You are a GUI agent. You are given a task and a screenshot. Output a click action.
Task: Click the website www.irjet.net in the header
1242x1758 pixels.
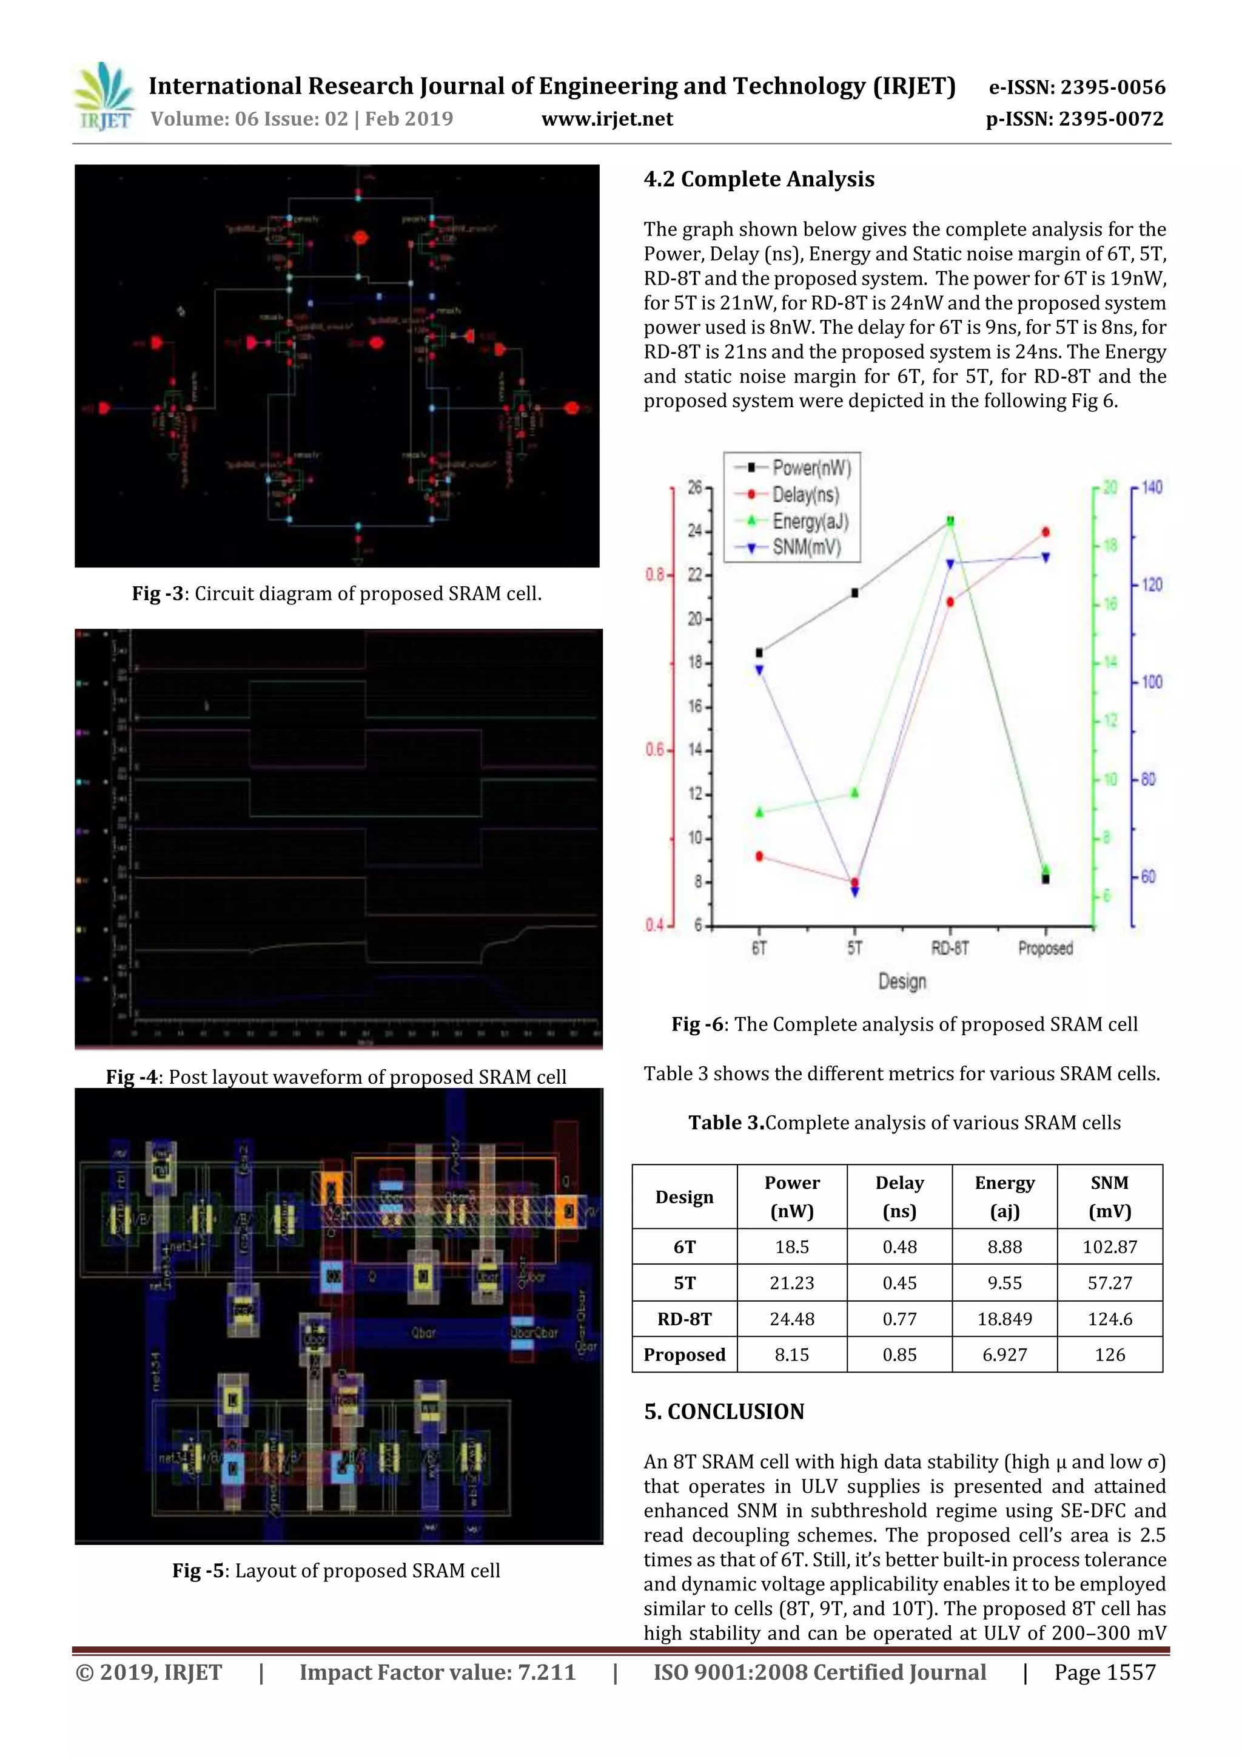[x=607, y=120]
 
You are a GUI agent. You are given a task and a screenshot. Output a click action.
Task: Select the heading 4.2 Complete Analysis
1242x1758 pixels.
[x=759, y=179]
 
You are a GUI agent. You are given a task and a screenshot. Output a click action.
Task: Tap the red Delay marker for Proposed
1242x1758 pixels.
[x=1046, y=532]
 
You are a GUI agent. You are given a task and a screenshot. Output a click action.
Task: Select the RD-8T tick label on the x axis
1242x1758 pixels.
[x=950, y=948]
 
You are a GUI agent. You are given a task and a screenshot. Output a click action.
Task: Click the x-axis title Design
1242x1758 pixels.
[x=902, y=982]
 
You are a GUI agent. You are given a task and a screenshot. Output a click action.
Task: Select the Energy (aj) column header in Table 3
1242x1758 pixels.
[x=1004, y=1197]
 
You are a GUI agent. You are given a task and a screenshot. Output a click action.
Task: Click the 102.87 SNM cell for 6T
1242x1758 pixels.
[x=1110, y=1247]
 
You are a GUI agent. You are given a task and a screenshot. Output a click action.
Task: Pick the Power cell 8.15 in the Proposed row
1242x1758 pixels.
[x=791, y=1354]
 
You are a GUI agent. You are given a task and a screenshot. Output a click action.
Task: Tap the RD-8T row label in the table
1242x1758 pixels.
[x=684, y=1319]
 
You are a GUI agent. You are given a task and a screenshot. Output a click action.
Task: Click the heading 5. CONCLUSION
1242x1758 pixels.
[x=724, y=1412]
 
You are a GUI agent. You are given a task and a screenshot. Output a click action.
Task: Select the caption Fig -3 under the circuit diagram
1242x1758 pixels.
[x=337, y=593]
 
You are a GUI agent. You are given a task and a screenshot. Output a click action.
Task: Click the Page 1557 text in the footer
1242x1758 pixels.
[x=1104, y=1672]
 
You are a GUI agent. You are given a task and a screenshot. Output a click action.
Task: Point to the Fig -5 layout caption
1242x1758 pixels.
[x=336, y=1570]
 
